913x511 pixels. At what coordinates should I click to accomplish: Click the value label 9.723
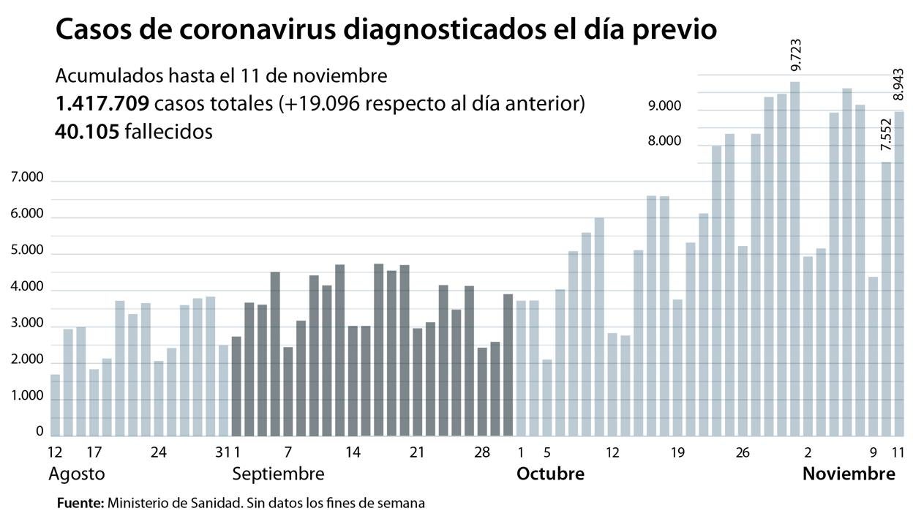(x=796, y=56)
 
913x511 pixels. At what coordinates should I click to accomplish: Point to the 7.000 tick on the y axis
(x=27, y=178)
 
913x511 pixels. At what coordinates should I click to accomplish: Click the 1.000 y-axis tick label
(x=27, y=396)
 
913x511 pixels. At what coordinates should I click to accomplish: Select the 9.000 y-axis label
(x=664, y=106)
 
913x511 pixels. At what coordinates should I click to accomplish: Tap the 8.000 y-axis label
(x=664, y=141)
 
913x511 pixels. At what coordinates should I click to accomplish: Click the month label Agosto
(x=76, y=474)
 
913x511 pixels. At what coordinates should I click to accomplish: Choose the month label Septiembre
(x=278, y=474)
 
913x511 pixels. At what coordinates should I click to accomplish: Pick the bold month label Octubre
(x=550, y=474)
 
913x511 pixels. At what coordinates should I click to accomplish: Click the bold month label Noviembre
(x=849, y=474)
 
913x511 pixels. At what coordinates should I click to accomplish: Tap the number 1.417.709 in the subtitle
(x=102, y=104)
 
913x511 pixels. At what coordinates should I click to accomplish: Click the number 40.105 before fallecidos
(x=86, y=132)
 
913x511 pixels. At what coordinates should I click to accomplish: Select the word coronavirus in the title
(x=268, y=30)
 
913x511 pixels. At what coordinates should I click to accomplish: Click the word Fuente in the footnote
(x=80, y=503)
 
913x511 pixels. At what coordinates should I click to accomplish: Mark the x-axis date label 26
(x=743, y=452)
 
